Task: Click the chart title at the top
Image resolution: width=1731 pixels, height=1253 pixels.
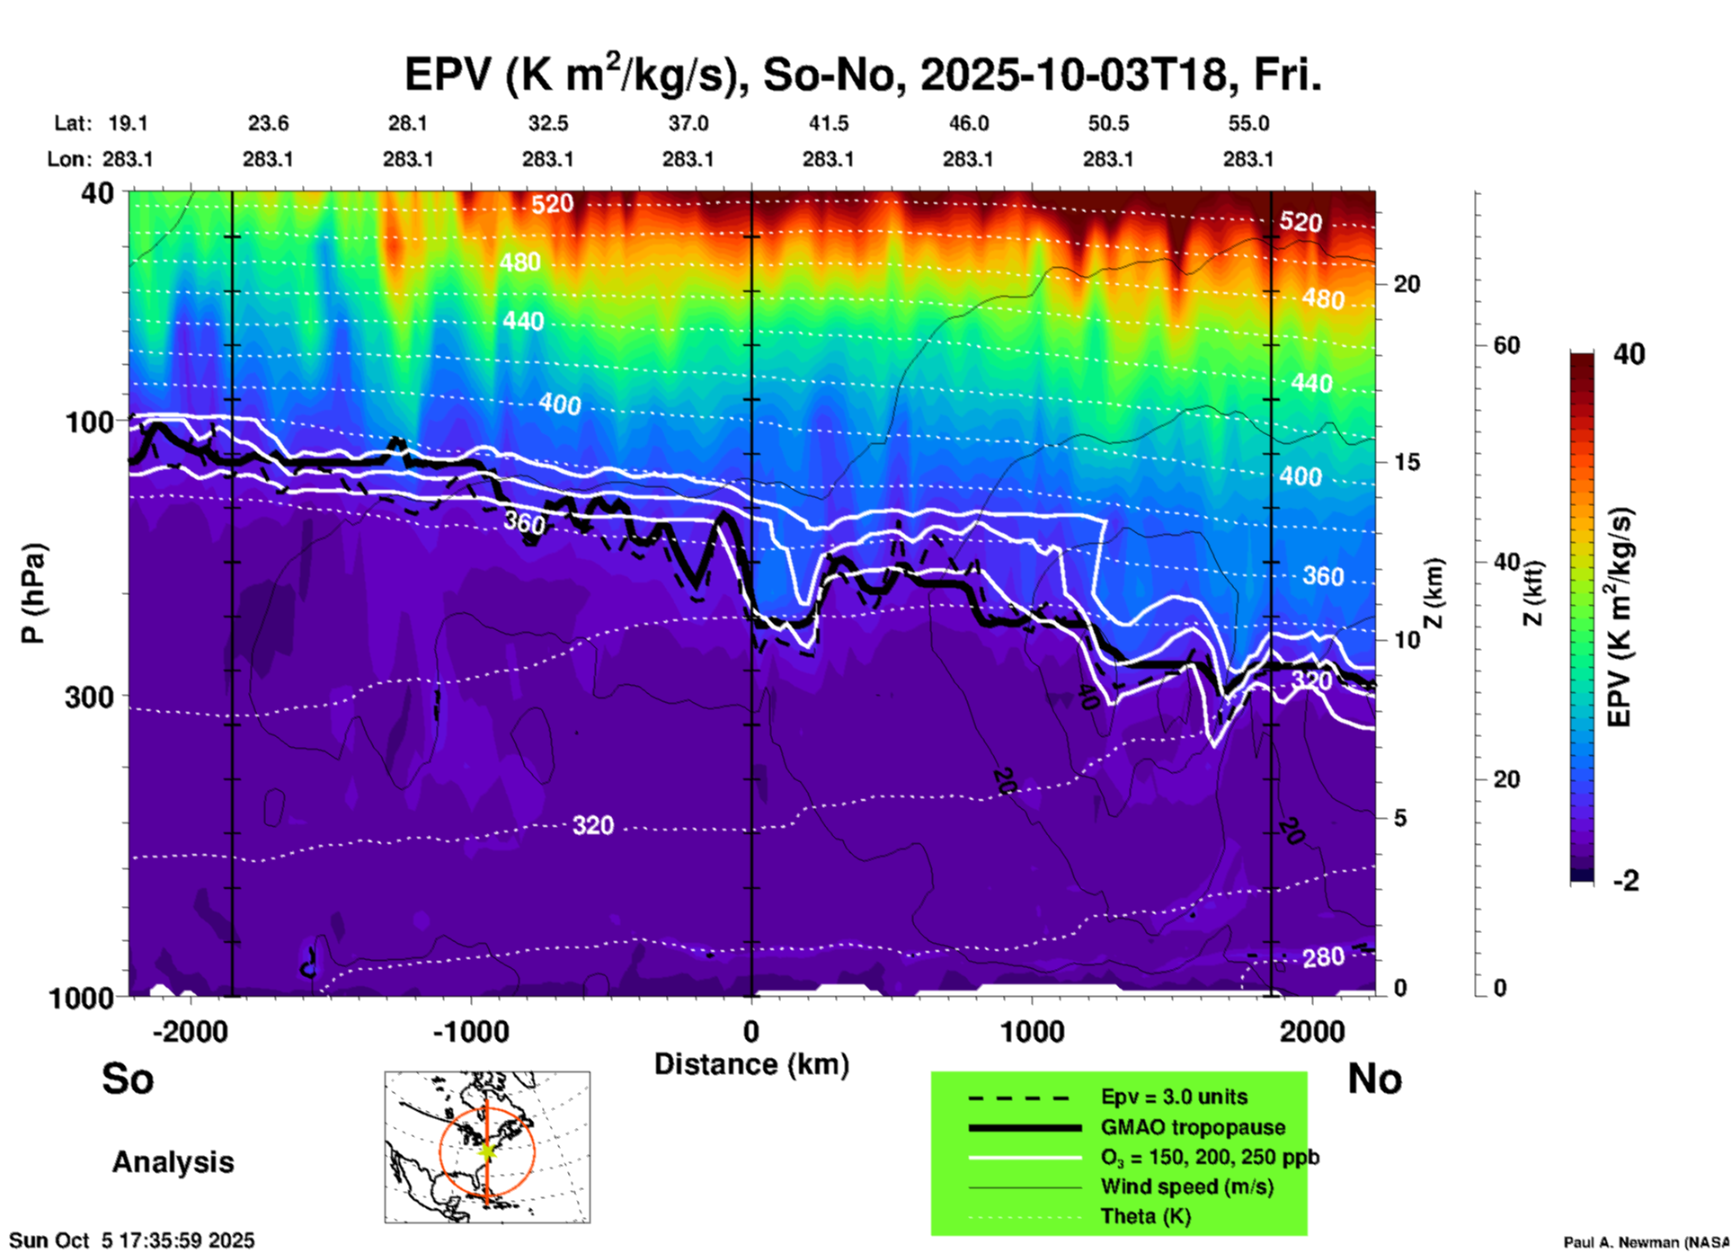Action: [863, 74]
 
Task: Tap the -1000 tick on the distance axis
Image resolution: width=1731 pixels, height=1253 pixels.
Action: [470, 1031]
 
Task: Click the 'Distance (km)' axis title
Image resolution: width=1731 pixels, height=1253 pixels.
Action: [751, 1064]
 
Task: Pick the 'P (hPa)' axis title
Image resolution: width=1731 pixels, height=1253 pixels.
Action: [33, 593]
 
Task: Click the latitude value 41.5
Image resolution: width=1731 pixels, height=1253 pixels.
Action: [828, 124]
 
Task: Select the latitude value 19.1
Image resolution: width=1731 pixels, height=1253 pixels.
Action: [128, 124]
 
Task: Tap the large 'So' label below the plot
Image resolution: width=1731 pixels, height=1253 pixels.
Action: [128, 1079]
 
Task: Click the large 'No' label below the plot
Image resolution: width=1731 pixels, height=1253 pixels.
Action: [1374, 1079]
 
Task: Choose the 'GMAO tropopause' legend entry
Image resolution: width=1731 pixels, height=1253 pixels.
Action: [1193, 1127]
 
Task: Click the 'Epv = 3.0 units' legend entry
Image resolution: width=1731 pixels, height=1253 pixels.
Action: [1174, 1097]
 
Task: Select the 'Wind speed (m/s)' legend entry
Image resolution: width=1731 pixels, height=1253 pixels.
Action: [1186, 1186]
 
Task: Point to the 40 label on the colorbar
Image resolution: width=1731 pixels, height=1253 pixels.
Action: [1629, 354]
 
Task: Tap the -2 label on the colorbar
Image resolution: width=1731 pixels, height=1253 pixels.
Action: [1626, 881]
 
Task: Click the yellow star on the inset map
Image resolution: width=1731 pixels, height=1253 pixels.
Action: [487, 1150]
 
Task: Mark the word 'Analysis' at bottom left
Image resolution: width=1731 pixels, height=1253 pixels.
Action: [173, 1162]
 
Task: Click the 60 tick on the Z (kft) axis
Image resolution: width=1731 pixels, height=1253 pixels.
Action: [1505, 345]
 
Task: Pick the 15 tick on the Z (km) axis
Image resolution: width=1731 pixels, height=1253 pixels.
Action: [1407, 462]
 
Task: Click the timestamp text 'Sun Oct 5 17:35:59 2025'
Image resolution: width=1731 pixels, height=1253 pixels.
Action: [132, 1240]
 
